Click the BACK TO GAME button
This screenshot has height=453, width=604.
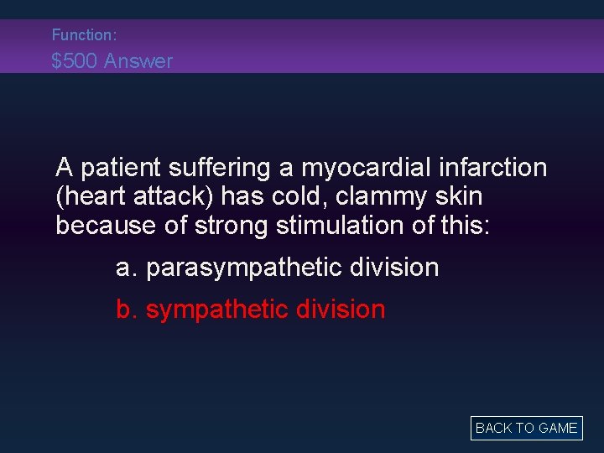pos(526,428)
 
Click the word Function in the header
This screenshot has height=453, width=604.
pos(81,35)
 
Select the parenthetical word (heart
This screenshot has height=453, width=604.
pos(88,196)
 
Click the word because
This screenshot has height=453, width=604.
pos(100,225)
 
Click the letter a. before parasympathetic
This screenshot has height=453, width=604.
pos(127,268)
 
